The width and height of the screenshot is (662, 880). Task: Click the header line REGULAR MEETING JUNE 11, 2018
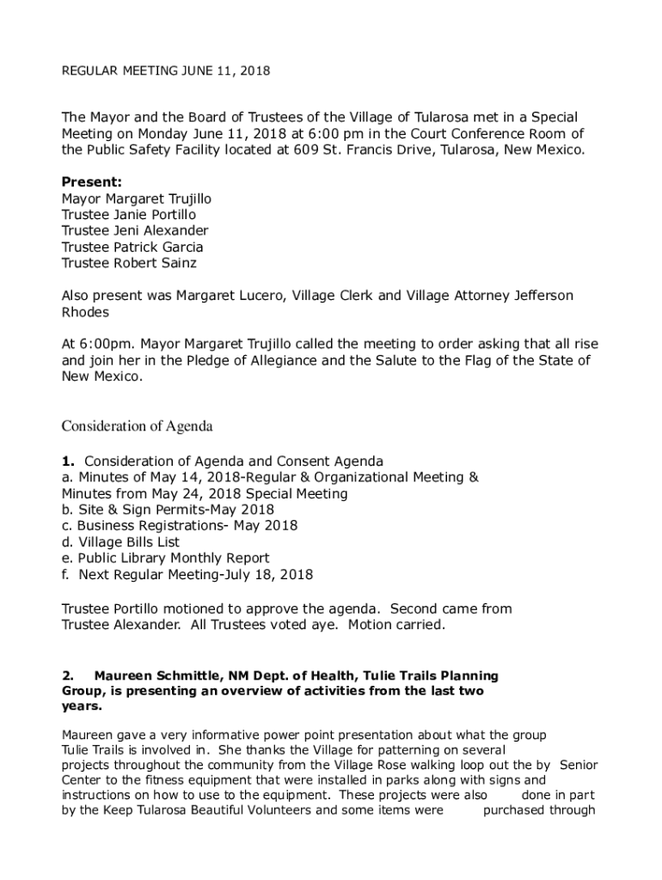(x=166, y=71)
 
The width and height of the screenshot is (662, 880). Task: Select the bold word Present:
(x=91, y=182)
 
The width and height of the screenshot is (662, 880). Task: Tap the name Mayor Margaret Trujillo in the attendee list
(x=136, y=199)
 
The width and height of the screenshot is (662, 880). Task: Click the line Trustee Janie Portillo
(x=128, y=215)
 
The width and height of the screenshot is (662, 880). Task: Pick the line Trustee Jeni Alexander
(x=134, y=231)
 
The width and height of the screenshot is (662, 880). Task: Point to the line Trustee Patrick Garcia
(x=132, y=247)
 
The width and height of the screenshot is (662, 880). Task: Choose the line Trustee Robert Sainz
(x=128, y=264)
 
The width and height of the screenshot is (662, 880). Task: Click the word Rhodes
(x=86, y=313)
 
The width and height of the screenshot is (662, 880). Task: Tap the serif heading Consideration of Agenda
(x=137, y=426)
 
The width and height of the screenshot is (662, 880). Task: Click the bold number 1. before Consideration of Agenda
(x=68, y=461)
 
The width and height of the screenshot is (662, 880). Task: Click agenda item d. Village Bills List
(x=120, y=542)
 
